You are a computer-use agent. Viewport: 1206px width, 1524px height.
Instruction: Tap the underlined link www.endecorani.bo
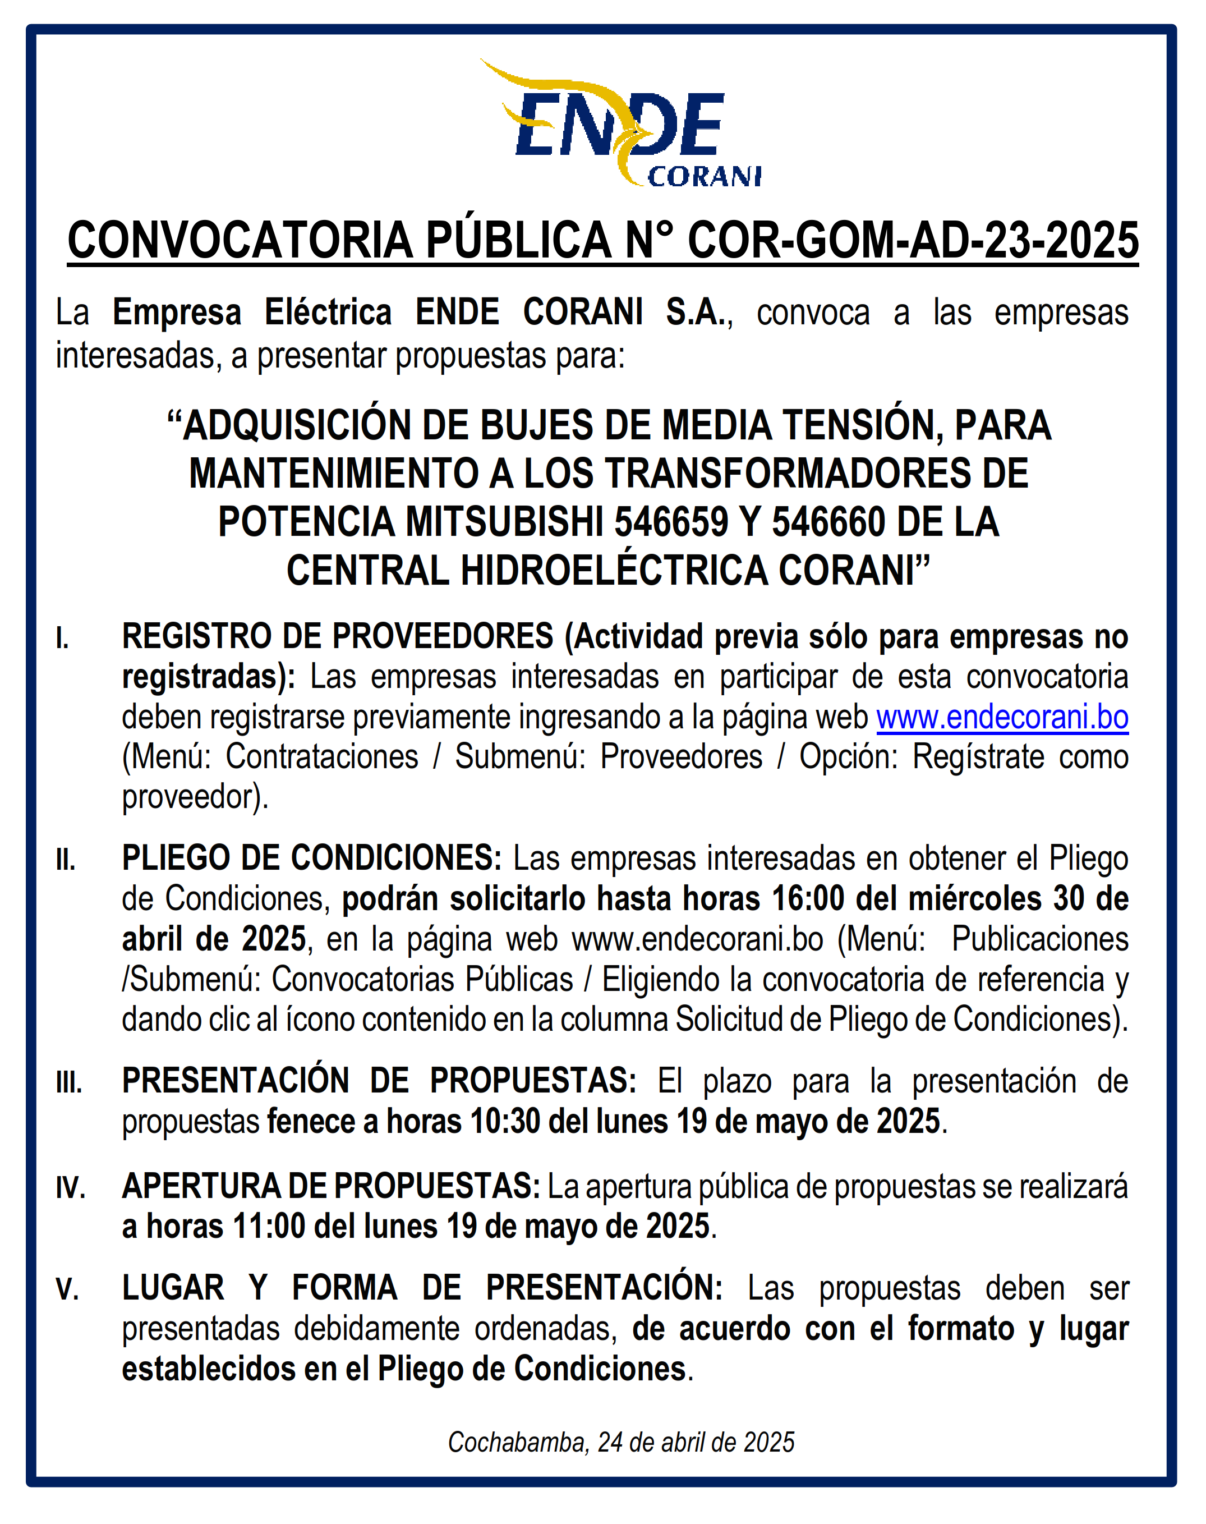[1002, 718]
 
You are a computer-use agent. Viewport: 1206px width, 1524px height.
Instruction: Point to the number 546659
[671, 522]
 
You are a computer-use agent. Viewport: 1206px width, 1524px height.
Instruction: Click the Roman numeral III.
[69, 1082]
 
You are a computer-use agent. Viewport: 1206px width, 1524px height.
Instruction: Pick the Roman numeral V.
[68, 1289]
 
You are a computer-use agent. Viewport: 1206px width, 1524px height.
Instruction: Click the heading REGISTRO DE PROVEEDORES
[338, 637]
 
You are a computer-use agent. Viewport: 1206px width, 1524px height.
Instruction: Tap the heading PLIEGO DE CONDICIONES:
[311, 859]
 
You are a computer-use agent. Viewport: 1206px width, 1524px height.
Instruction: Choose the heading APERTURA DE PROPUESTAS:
[331, 1186]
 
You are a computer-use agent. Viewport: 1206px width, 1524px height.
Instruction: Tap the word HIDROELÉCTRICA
[614, 571]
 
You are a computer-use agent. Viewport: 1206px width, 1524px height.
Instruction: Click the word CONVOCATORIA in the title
[240, 241]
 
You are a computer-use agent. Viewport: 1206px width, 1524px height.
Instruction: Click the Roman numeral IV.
[71, 1188]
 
